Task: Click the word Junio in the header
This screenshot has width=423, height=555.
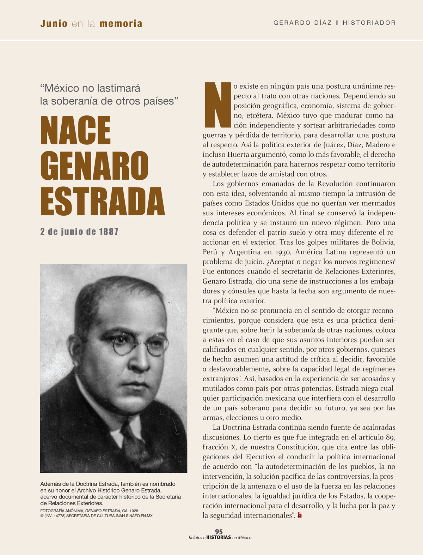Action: [x=54, y=24]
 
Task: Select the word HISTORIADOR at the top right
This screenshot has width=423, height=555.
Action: [x=369, y=23]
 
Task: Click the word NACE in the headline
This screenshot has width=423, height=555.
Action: [x=76, y=131]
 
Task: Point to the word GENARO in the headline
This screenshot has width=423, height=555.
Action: [x=94, y=166]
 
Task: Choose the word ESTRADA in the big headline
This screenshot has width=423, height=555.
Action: [x=103, y=201]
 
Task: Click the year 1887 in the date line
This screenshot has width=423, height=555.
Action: [x=109, y=232]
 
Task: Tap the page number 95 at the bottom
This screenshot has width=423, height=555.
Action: [x=219, y=532]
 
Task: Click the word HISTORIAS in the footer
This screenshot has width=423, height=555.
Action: [x=219, y=537]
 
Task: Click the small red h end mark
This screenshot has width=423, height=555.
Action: [x=300, y=515]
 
